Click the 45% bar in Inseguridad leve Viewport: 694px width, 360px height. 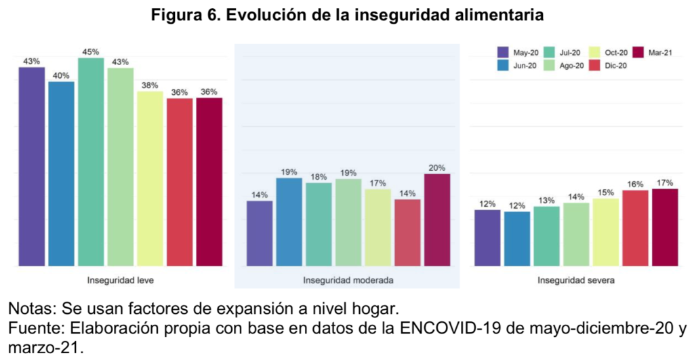pyautogui.click(x=91, y=162)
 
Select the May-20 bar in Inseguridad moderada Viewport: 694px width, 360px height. pyautogui.click(x=260, y=233)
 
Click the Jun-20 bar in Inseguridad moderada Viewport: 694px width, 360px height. pyautogui.click(x=289, y=222)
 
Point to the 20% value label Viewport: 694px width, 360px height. pyautogui.click(x=437, y=167)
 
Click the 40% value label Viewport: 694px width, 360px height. pyautogui.click(x=61, y=75)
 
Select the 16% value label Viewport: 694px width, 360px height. pyautogui.click(x=635, y=184)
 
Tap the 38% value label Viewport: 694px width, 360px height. pyautogui.click(x=150, y=85)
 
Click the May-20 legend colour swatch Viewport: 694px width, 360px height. pyautogui.click(x=504, y=52)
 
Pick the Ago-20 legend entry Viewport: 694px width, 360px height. pyautogui.click(x=565, y=65)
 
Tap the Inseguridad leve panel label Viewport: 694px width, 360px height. pyautogui.click(x=120, y=280)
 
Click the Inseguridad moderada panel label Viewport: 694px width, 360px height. pyautogui.click(x=348, y=280)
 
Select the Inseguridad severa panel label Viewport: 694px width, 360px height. pyautogui.click(x=576, y=280)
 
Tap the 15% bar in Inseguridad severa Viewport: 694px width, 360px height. pyautogui.click(x=606, y=233)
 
